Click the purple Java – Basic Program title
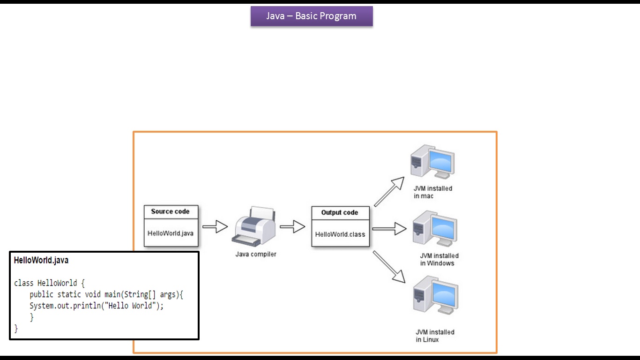pos(312,16)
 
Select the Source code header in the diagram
pos(170,212)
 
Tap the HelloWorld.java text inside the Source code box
pos(171,233)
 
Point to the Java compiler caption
pos(256,255)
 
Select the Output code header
pos(340,213)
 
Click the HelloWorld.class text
pos(340,234)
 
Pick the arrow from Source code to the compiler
pos(215,227)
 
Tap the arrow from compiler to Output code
pos(292,227)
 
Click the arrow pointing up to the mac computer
pos(389,192)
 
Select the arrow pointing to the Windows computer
pos(389,229)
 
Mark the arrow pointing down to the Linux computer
pos(389,267)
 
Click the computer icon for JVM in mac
pos(431,162)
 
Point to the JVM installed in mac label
pos(433,192)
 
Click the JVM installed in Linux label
pos(435,336)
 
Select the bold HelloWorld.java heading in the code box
pos(41,260)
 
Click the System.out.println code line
pos(97,306)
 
